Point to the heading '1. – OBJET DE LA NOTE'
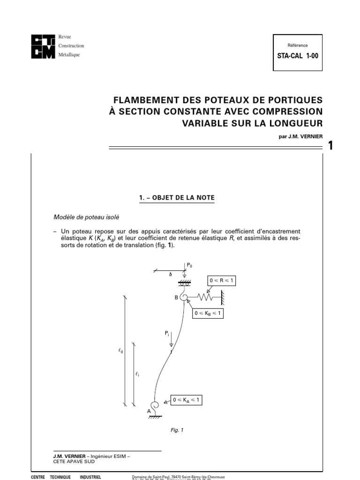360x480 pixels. (x=177, y=198)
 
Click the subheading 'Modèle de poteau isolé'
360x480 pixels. (x=87, y=217)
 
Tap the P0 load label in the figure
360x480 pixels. (x=189, y=265)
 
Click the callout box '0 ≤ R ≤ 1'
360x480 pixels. (x=222, y=281)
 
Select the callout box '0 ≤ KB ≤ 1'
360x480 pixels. (x=208, y=314)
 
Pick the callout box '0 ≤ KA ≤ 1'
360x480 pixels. (x=188, y=400)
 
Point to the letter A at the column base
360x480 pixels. (x=149, y=411)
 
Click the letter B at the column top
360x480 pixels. (x=177, y=297)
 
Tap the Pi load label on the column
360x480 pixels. (x=166, y=333)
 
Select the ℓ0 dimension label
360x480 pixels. (x=120, y=350)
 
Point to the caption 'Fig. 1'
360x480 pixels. (x=176, y=429)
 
